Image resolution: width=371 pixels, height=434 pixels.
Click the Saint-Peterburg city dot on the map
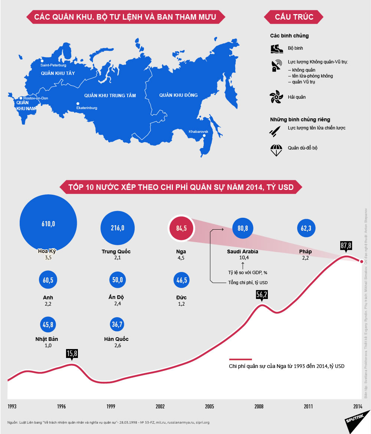pyautogui.click(x=42, y=60)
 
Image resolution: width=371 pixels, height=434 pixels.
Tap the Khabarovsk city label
pyautogui.click(x=198, y=132)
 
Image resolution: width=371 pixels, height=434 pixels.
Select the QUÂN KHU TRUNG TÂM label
pyautogui.click(x=110, y=95)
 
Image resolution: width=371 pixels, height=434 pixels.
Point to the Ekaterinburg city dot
pyautogui.click(x=78, y=103)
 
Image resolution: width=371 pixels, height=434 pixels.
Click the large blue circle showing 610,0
pyautogui.click(x=48, y=223)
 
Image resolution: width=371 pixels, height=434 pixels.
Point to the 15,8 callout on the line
pyautogui.click(x=72, y=354)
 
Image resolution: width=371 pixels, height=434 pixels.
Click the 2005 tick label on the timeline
pyautogui.click(x=210, y=406)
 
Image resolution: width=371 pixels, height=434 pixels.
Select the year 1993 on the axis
pyautogui.click(x=12, y=406)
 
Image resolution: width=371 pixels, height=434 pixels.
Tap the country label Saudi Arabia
pyautogui.click(x=243, y=251)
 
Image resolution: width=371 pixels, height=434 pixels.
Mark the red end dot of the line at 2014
pyautogui.click(x=362, y=261)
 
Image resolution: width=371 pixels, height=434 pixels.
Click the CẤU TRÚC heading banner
pyautogui.click(x=294, y=17)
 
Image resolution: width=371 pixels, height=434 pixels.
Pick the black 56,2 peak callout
pyautogui.click(x=262, y=294)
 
